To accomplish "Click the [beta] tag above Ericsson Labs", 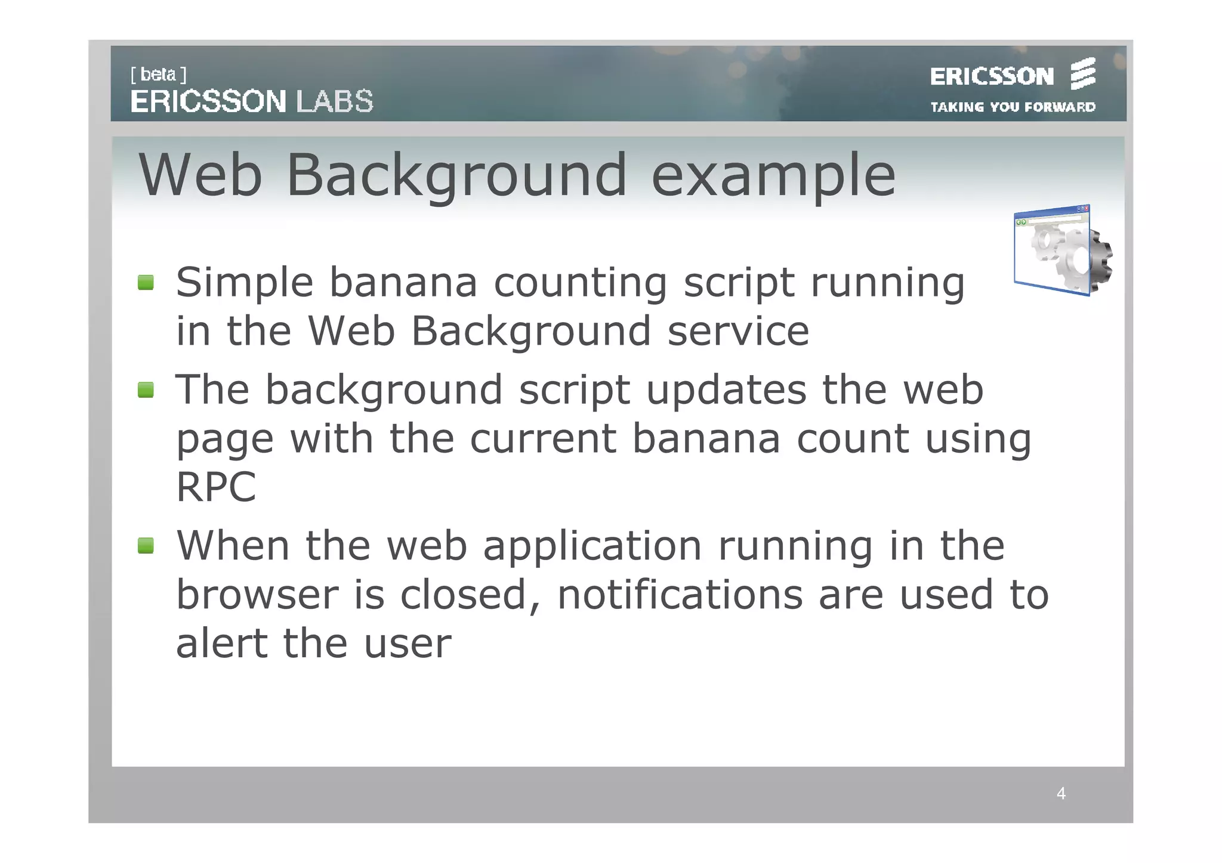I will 158,75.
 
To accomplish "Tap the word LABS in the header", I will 335,101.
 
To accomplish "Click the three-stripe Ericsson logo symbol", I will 1082,74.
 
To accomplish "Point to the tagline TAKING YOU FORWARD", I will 1013,107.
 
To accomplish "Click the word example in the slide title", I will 773,175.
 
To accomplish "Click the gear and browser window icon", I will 1062,250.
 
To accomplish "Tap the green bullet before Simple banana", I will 146,282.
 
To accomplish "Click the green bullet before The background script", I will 146,390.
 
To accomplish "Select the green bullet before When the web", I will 146,545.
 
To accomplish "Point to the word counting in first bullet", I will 580,283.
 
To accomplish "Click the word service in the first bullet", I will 738,331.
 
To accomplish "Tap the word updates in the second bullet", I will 726,391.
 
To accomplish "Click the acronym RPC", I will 216,487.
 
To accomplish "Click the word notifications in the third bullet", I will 680,595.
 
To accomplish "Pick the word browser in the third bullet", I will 257,595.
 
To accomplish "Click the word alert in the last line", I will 221,644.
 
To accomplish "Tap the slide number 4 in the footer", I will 1061,793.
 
